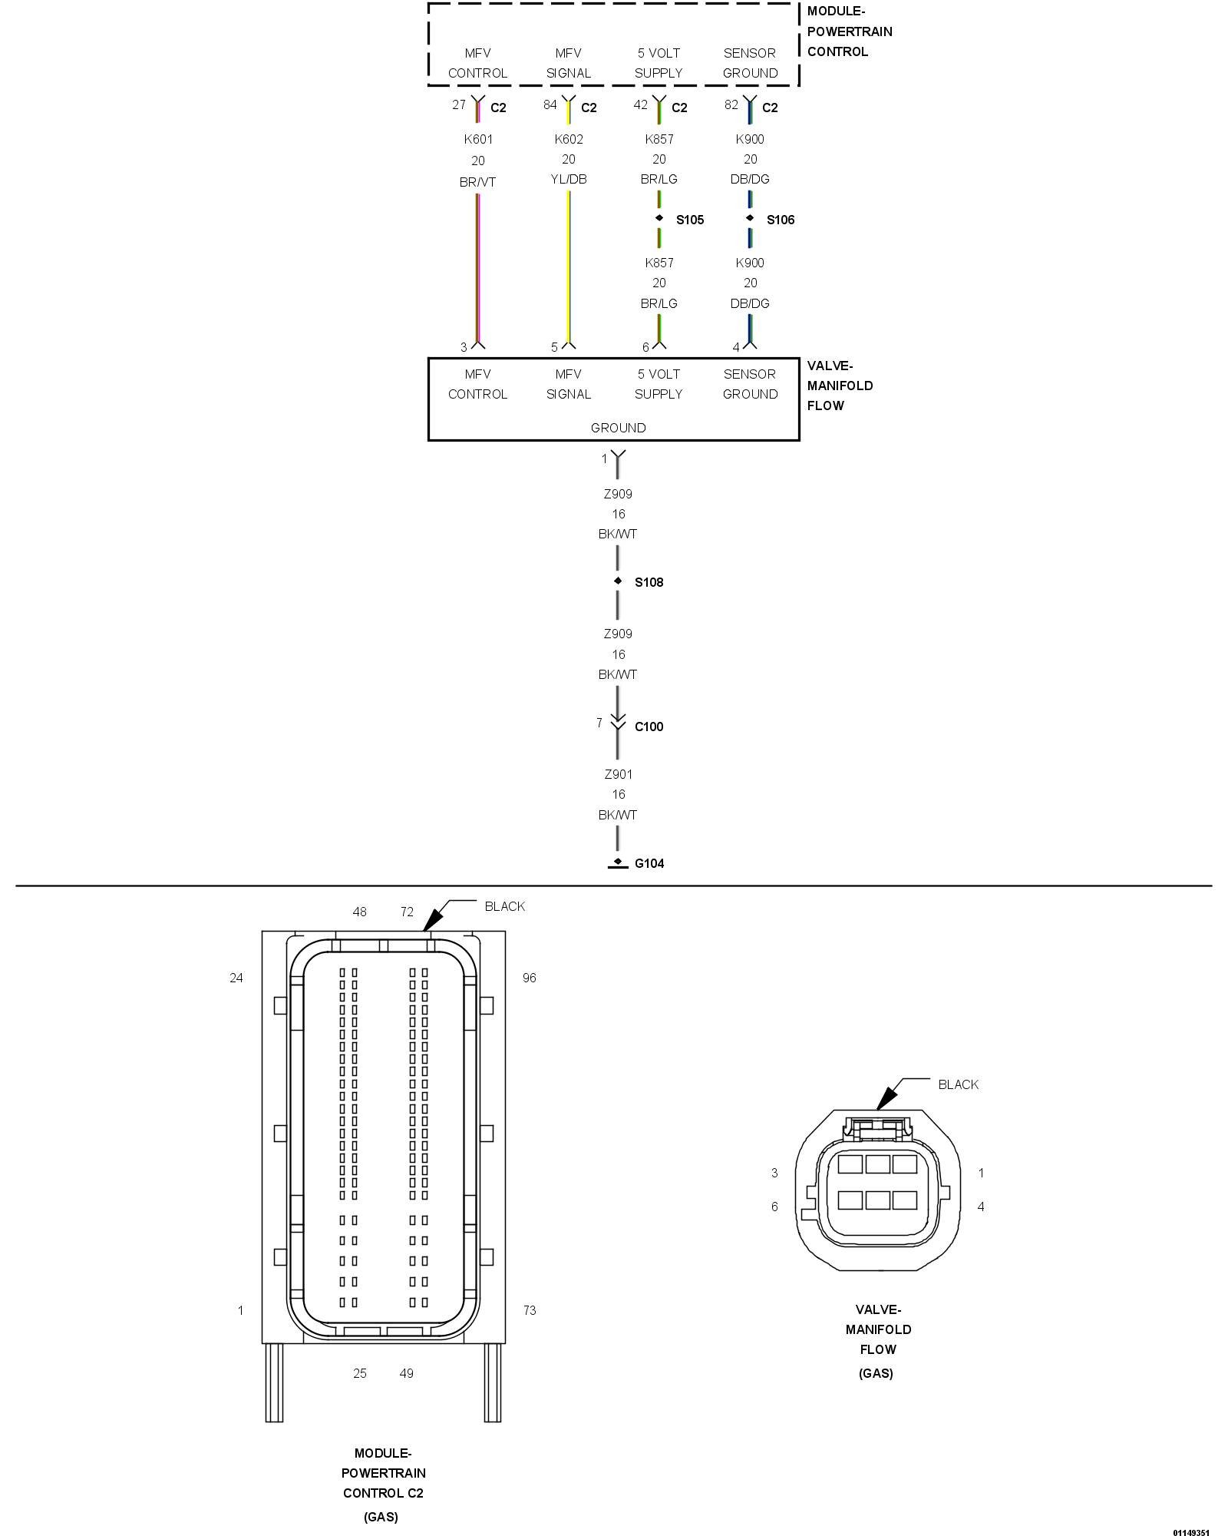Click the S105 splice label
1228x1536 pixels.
coord(689,220)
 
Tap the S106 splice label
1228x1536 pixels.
coord(780,220)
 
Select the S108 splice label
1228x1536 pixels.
coord(649,582)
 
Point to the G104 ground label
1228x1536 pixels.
coord(649,863)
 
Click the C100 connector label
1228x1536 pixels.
coord(649,727)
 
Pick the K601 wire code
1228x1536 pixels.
coord(478,139)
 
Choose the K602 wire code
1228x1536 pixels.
coord(569,139)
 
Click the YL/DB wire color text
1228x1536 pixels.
coord(569,179)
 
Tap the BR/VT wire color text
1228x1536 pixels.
coord(478,182)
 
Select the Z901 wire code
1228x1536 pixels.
coord(618,774)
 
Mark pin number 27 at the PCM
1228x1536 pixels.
coord(459,104)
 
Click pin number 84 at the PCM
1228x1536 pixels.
coord(550,104)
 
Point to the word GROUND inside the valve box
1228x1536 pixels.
coord(618,428)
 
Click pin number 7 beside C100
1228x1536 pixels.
coord(599,723)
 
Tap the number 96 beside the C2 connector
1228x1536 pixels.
coord(529,978)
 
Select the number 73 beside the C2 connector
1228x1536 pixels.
coord(529,1310)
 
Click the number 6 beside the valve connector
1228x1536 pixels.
coord(774,1207)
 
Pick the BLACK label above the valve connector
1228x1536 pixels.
coord(958,1084)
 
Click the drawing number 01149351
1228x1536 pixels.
coord(1190,1532)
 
